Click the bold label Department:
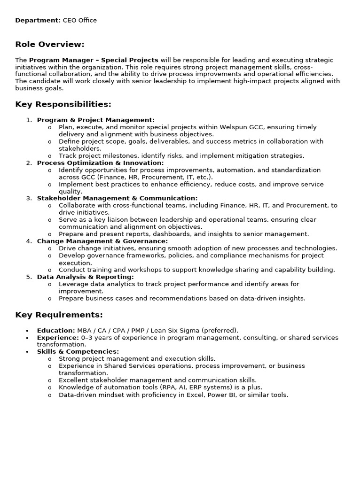click(38, 21)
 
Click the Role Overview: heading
click(50, 45)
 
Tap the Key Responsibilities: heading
click(63, 104)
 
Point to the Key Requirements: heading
click(59, 315)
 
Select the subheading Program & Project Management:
click(96, 120)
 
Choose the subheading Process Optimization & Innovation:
click(100, 163)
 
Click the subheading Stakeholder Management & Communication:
click(117, 198)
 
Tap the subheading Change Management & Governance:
click(102, 241)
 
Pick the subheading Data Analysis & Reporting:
click(85, 277)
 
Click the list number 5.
click(29, 277)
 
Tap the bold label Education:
click(56, 331)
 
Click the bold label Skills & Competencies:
click(78, 352)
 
